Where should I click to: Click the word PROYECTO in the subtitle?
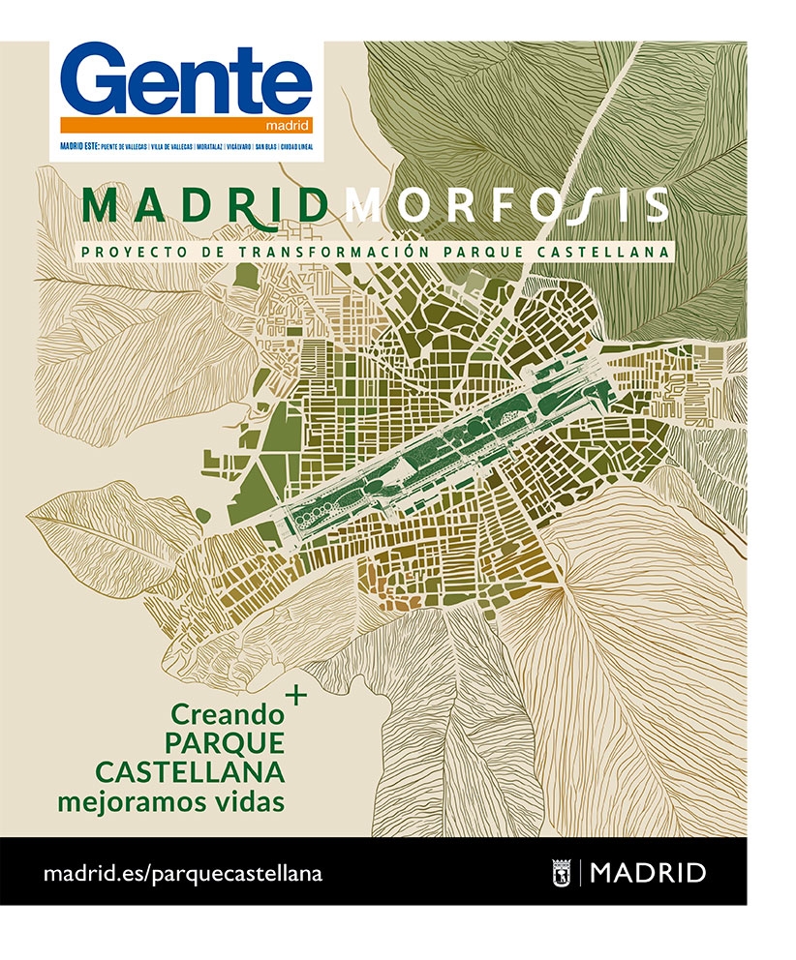[x=123, y=252]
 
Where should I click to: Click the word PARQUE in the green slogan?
[x=225, y=743]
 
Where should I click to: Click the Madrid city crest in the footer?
[x=562, y=872]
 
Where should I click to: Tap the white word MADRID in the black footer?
[x=648, y=873]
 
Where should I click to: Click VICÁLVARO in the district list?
[x=237, y=146]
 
